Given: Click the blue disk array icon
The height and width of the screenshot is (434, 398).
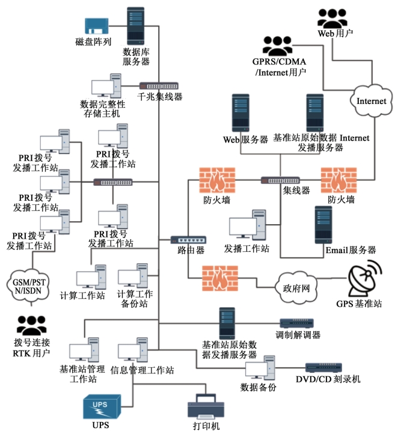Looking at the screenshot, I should [96, 25].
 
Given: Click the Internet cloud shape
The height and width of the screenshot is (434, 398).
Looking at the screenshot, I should [371, 100].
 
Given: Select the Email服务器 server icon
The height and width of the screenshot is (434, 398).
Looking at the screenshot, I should [323, 224].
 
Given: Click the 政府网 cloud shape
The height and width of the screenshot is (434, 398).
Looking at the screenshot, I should [296, 286].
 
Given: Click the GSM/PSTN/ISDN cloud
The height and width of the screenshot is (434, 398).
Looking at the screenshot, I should [29, 286].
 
